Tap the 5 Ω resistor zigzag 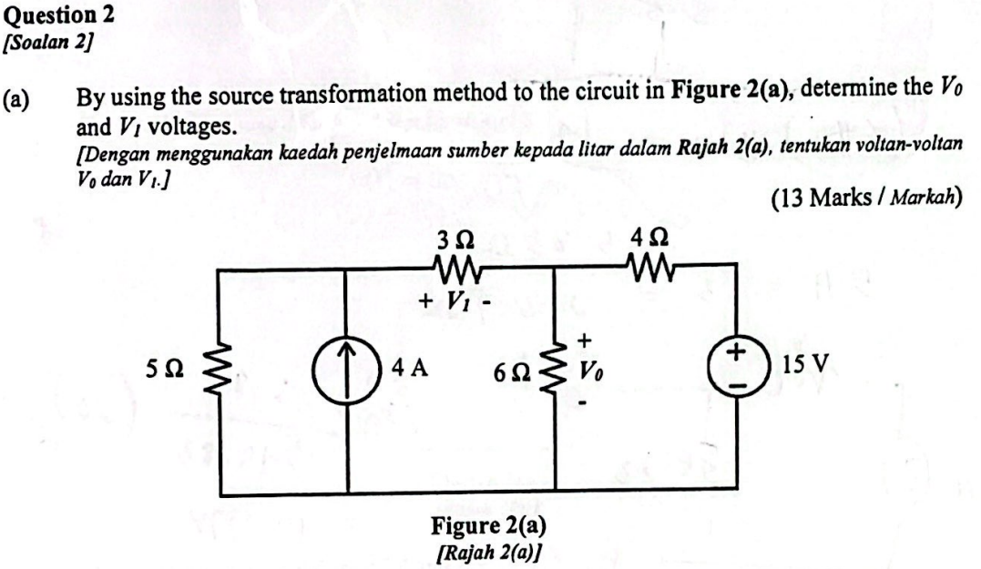click(217, 371)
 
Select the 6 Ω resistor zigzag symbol click(555, 371)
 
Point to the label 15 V click(805, 366)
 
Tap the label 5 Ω click(168, 370)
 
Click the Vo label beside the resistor click(590, 372)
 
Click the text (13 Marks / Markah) click(865, 198)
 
